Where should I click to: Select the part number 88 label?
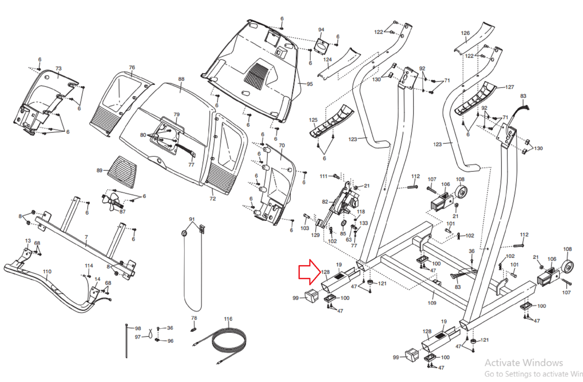(181, 79)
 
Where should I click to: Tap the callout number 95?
(310, 84)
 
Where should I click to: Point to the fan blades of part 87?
(111, 201)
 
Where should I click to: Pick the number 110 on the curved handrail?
(47, 272)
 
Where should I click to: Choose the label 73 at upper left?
(58, 68)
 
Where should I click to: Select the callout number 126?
(465, 33)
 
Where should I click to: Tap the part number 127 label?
(510, 87)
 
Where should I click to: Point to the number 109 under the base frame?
(432, 303)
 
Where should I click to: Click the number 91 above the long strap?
(192, 219)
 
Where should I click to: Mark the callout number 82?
(325, 202)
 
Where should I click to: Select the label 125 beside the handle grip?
(313, 120)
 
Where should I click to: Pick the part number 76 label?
(132, 67)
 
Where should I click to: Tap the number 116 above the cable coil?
(228, 319)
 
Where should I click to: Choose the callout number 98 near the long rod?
(138, 328)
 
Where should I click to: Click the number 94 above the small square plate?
(321, 30)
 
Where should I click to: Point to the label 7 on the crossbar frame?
(86, 237)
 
